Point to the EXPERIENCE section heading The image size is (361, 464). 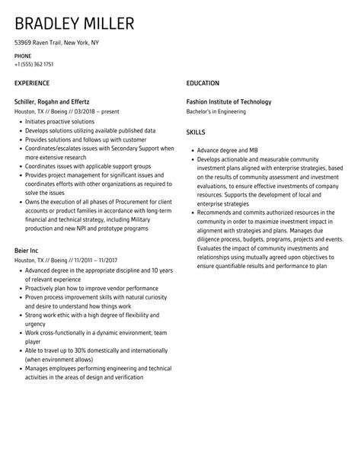32,82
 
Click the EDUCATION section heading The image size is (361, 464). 203,82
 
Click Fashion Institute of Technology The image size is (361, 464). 239,101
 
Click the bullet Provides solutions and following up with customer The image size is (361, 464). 86,139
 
